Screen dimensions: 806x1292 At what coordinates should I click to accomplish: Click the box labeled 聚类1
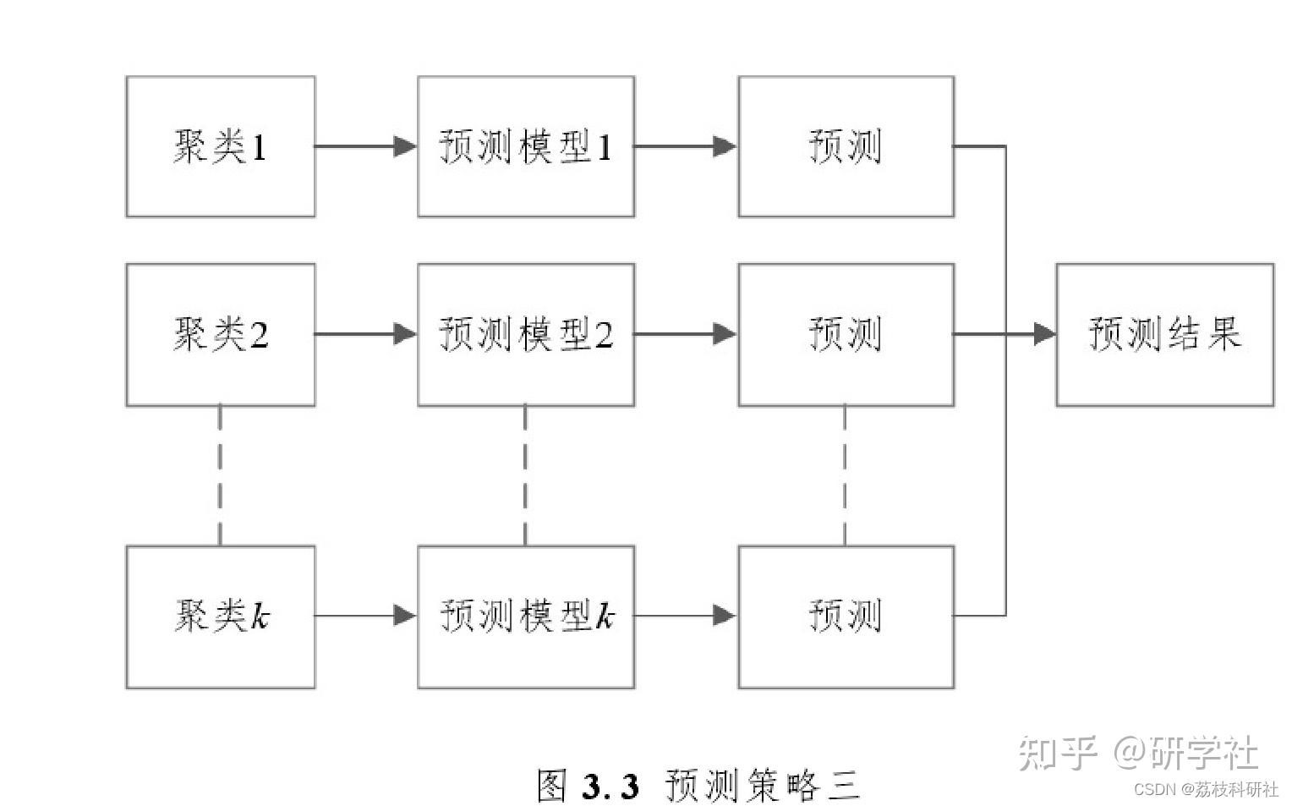click(221, 147)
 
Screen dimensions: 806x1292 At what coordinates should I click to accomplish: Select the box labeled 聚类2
click(221, 334)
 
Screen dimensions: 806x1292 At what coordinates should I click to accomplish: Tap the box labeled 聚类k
click(221, 617)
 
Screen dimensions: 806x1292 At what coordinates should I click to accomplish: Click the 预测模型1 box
click(526, 147)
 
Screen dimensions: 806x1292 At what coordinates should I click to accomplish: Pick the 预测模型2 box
click(526, 334)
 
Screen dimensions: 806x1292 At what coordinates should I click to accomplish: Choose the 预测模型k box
click(526, 617)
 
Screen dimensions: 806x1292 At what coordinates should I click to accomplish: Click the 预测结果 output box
click(1164, 334)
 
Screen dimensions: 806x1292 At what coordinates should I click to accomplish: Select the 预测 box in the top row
click(846, 147)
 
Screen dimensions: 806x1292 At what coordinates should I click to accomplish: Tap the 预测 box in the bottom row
click(846, 617)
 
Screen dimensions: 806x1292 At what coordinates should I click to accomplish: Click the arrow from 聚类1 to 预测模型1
click(365, 146)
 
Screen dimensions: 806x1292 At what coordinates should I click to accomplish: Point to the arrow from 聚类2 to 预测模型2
click(365, 334)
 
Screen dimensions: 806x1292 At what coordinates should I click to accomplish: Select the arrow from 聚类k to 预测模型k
click(365, 616)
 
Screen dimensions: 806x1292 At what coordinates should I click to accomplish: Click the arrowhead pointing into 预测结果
click(1045, 334)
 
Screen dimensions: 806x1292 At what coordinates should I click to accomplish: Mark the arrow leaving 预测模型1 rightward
click(685, 146)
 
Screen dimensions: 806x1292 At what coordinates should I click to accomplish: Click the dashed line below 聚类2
click(220, 475)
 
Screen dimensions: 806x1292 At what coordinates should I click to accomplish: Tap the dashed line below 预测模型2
click(525, 475)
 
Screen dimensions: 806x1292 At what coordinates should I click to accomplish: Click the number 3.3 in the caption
click(610, 786)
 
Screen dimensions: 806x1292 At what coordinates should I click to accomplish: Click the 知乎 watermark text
click(1057, 752)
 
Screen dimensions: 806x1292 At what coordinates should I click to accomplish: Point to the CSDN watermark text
click(1155, 789)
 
